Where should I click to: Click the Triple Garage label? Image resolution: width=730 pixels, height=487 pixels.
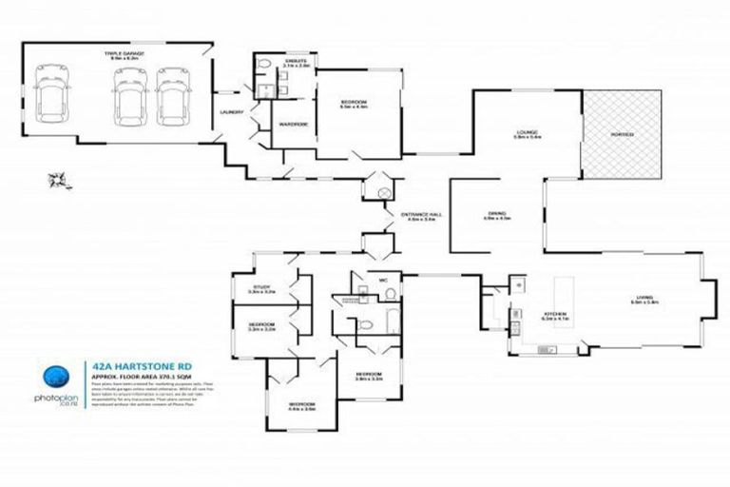click(125, 55)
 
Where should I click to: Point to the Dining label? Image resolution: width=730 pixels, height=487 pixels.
click(495, 215)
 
